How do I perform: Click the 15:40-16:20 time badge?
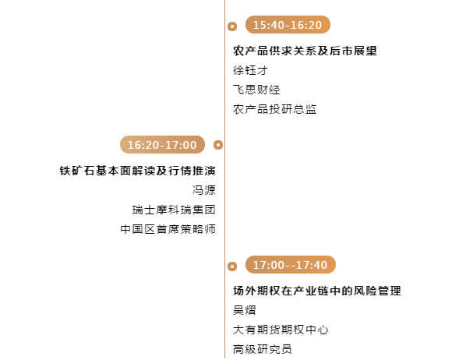[288, 25]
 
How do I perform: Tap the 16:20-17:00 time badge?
[162, 145]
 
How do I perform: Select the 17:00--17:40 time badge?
[290, 265]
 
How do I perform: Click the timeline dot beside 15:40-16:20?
[232, 26]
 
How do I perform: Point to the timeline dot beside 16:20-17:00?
[218, 145]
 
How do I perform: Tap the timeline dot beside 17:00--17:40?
[232, 266]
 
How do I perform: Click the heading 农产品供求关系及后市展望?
[305, 51]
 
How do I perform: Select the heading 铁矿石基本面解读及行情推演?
[137, 171]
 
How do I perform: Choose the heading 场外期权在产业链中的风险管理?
[317, 291]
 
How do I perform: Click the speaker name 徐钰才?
[250, 70]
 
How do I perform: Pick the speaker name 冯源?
[204, 190]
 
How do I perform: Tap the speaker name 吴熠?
[245, 310]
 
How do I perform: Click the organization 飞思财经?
[256, 90]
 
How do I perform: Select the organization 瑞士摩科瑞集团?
[174, 210]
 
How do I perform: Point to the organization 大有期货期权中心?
[281, 330]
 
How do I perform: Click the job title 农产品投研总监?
[275, 109]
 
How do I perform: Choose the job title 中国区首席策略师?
[168, 229]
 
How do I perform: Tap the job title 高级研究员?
[263, 349]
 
